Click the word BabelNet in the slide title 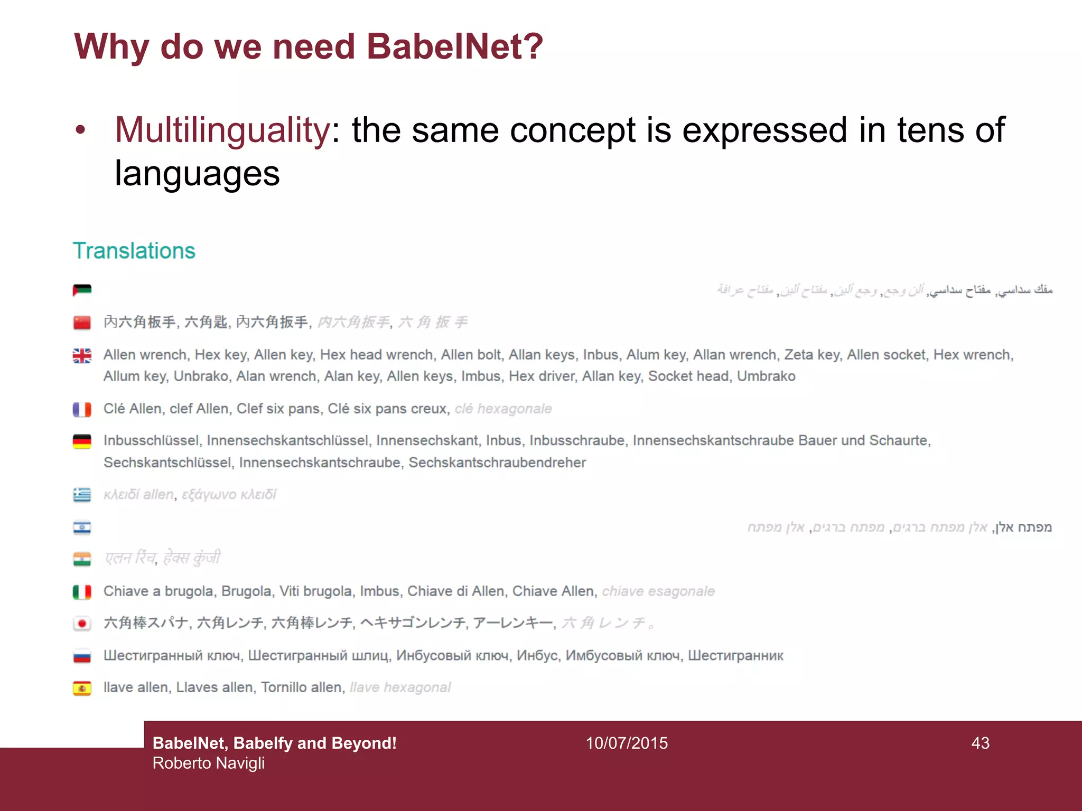click(x=454, y=46)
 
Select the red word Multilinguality click(x=222, y=130)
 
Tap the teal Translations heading click(x=134, y=251)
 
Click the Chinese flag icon click(x=82, y=322)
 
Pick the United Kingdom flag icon click(x=82, y=355)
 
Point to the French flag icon click(x=82, y=409)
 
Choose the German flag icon click(x=82, y=441)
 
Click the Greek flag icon click(x=82, y=495)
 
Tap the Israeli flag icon click(x=82, y=527)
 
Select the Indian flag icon click(x=82, y=559)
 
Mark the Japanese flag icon click(x=82, y=624)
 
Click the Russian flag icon click(x=82, y=656)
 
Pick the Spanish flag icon click(x=82, y=688)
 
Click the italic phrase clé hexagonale click(x=503, y=409)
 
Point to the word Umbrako click(x=766, y=376)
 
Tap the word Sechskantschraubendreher click(x=497, y=463)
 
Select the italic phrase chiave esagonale click(x=658, y=591)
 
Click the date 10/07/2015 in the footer click(x=627, y=743)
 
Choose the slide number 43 click(x=980, y=743)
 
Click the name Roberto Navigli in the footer click(x=209, y=763)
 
